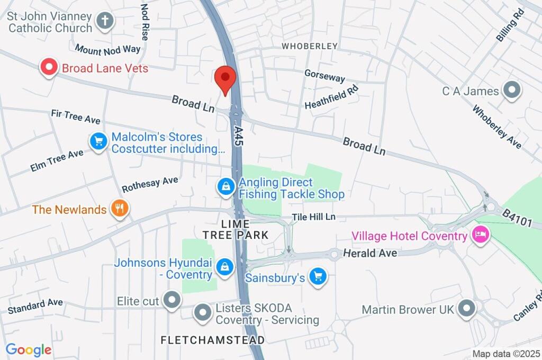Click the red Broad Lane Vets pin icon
[49, 68]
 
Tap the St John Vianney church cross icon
[105, 22]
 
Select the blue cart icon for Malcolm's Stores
[98, 142]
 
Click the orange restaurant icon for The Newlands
[120, 209]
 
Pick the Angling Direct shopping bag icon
[226, 186]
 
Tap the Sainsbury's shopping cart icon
[318, 276]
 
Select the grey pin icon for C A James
[512, 91]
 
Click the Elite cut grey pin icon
[171, 301]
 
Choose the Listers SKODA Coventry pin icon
[203, 313]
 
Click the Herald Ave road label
[370, 254]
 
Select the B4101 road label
[517, 218]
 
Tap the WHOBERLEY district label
[310, 46]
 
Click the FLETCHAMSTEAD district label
[213, 339]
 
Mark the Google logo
[29, 349]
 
